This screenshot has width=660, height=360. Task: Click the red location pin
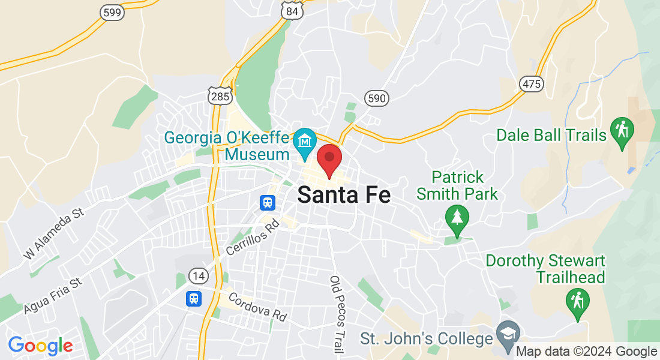(x=329, y=158)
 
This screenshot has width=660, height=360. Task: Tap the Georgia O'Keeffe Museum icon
(x=305, y=142)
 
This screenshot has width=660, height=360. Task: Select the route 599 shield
(x=112, y=12)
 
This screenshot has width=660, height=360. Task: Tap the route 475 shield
(x=532, y=84)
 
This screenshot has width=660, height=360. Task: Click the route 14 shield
(x=198, y=275)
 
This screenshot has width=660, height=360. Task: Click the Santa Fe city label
(x=344, y=195)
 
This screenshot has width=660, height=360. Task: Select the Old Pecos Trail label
(x=337, y=314)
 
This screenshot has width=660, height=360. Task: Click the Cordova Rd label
(x=257, y=307)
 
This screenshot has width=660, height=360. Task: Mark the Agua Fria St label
(x=52, y=296)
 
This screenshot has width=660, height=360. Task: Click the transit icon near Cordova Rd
(x=193, y=298)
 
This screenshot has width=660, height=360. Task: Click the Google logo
(x=40, y=346)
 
